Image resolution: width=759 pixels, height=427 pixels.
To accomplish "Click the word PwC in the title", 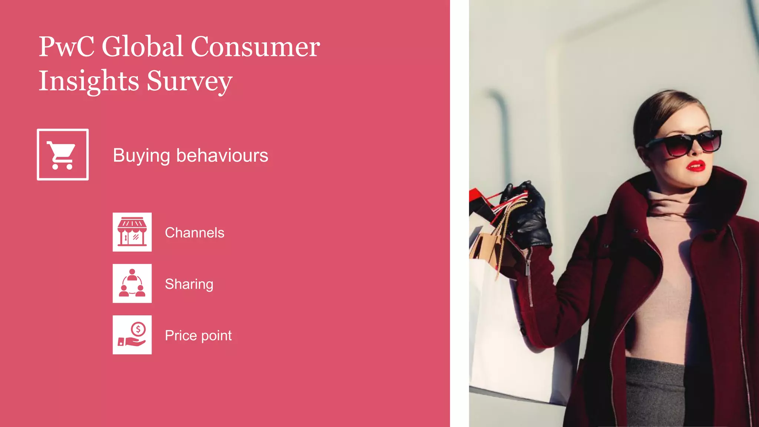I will pos(66,47).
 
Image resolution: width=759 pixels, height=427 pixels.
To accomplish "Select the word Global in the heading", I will pos(143,47).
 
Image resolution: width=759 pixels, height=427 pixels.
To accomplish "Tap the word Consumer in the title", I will pos(255,47).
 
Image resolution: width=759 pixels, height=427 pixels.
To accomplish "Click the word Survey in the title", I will pos(189,81).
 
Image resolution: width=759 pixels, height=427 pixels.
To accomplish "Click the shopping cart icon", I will pos(63,155).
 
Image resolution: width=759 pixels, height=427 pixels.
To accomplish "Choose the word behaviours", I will pos(222,155).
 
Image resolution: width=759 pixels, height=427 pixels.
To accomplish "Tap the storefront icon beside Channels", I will pos(132,232).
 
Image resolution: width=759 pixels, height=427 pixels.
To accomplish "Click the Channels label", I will pos(195,233).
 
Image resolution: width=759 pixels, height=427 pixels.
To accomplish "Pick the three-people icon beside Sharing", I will pos(132,284).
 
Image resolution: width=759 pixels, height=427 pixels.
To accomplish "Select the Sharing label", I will pos(189,284).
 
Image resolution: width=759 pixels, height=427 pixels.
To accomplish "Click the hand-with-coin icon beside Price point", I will pos(132,335).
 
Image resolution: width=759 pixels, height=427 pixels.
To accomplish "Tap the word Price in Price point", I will pos(180,335).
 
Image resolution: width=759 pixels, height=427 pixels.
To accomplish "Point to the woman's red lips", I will pos(696,166).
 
